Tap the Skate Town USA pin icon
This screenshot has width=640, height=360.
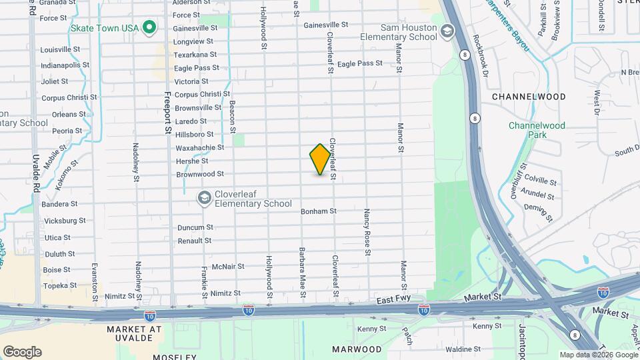point(150,27)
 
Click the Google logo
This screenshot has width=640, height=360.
point(21,352)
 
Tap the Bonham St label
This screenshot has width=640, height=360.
point(318,211)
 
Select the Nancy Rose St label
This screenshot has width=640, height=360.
point(367,232)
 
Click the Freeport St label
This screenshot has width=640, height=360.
point(168,113)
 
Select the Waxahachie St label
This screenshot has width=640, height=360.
point(200,147)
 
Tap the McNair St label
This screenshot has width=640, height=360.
point(228,267)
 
